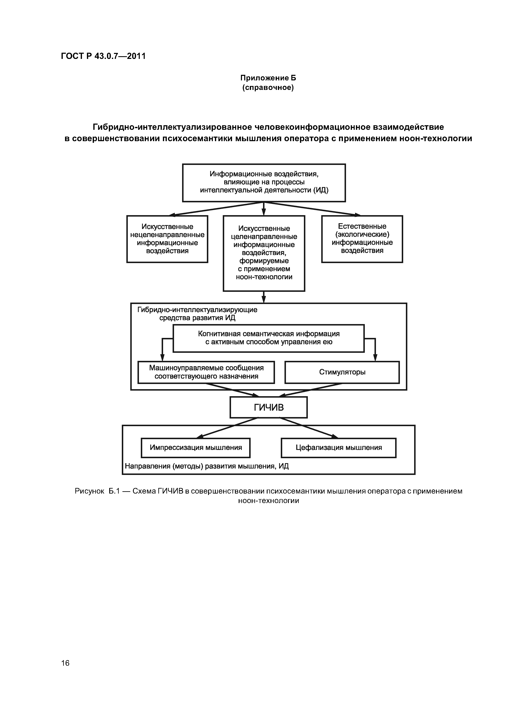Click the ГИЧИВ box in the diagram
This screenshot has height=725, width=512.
click(268, 407)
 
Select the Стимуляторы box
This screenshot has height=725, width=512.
click(342, 372)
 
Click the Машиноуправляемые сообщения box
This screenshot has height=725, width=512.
click(206, 372)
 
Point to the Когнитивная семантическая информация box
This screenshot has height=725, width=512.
click(268, 338)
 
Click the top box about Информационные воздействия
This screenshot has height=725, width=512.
click(264, 182)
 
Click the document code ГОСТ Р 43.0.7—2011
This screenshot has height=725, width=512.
click(103, 56)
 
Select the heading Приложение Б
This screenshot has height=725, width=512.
click(268, 78)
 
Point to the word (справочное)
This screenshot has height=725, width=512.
click(268, 87)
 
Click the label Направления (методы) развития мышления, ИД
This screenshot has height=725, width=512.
click(207, 466)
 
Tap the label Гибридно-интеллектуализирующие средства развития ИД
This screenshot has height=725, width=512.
click(197, 314)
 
